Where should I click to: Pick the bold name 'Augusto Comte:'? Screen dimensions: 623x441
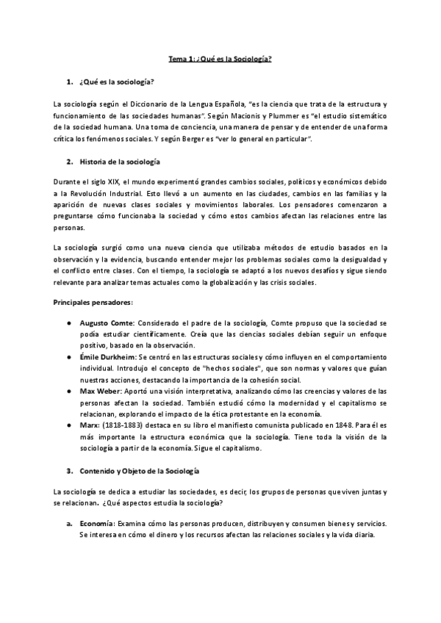[111, 323]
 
